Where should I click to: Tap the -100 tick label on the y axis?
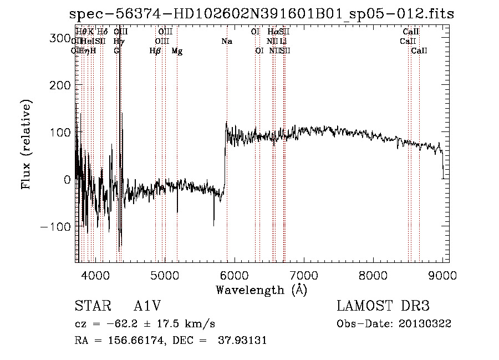tap(55, 227)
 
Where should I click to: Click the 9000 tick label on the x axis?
tap(442, 274)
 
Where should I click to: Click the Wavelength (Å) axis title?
tap(261, 290)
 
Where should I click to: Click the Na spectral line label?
tap(226, 42)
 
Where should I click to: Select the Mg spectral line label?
tap(177, 51)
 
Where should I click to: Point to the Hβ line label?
tap(155, 51)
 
